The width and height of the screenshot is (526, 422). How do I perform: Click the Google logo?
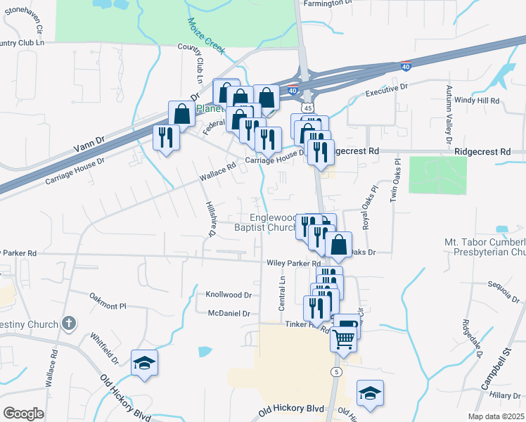(23, 414)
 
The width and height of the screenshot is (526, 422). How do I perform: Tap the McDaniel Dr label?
(229, 313)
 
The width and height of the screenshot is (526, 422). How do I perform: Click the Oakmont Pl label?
(108, 306)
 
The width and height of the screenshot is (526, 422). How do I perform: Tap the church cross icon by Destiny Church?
(68, 324)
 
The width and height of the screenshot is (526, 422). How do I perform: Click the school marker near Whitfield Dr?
(144, 362)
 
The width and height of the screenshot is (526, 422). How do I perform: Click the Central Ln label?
(282, 293)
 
